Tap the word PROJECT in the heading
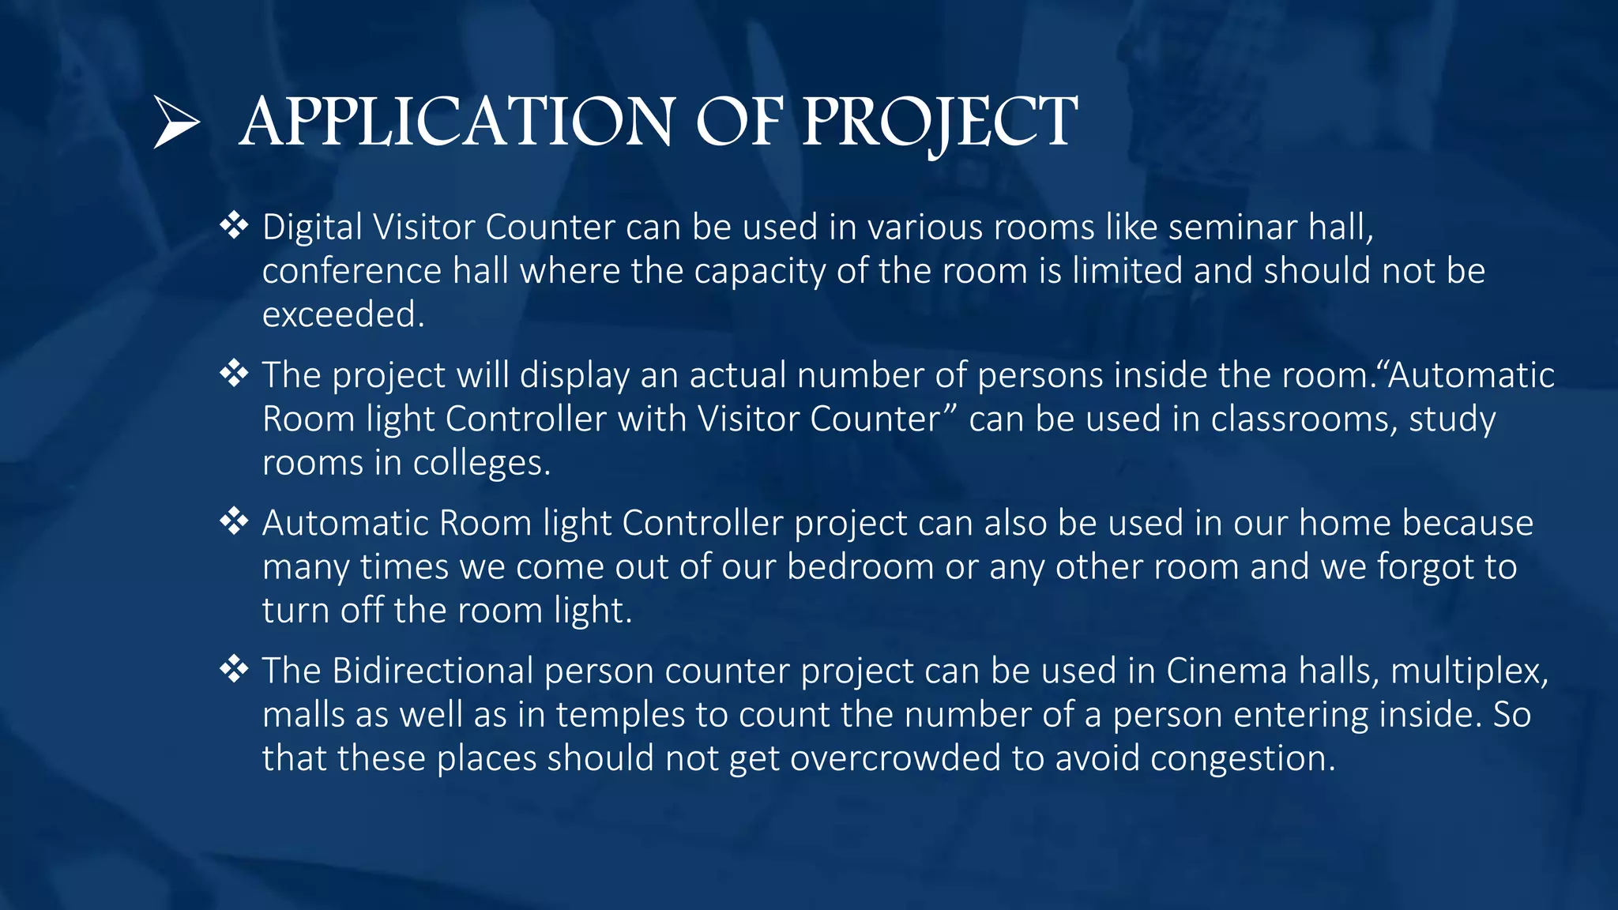tap(939, 122)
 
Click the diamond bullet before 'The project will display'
tap(234, 373)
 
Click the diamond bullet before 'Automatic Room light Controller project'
tap(234, 521)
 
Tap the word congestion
tap(1240, 758)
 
